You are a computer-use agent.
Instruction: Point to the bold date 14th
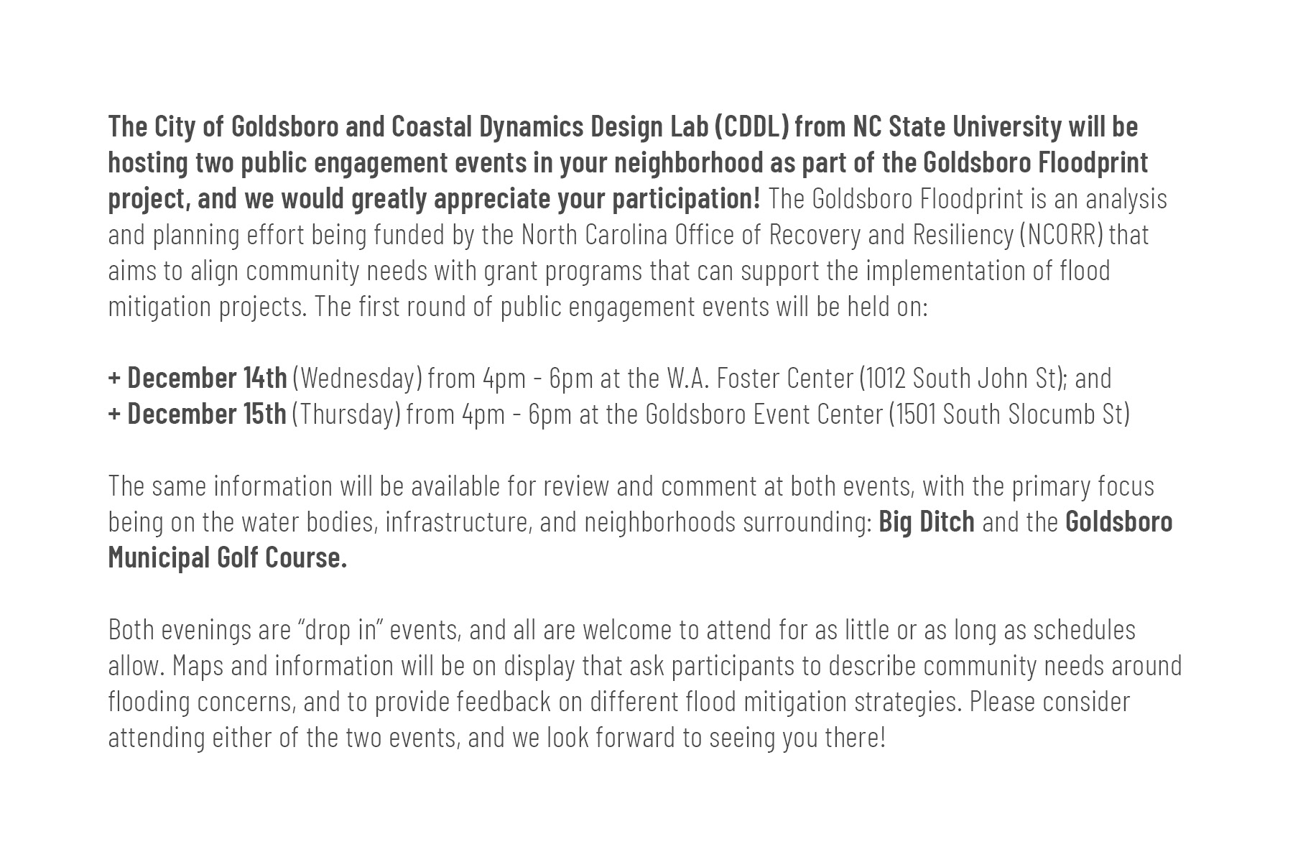[x=265, y=378]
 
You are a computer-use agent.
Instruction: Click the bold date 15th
[x=264, y=414]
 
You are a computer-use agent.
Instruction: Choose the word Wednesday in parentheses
[x=357, y=379]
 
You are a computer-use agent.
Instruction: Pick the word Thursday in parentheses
[x=346, y=414]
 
